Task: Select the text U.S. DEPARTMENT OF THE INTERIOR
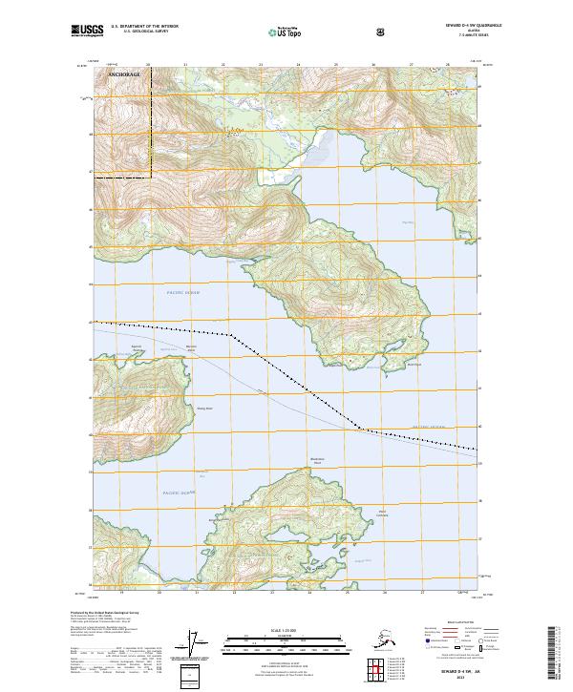[x=145, y=28]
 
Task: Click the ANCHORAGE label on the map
[x=123, y=73]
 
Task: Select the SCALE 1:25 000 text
[x=286, y=630]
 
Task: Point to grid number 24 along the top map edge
[x=298, y=65]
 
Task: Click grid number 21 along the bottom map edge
[x=198, y=592]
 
